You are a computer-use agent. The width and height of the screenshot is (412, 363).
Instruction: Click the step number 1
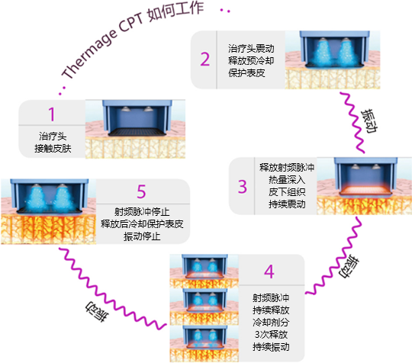52,114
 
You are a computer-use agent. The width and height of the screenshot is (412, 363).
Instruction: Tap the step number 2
205,59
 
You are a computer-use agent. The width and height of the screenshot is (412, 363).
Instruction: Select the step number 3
243,187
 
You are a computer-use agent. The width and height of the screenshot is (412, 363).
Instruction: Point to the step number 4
269,271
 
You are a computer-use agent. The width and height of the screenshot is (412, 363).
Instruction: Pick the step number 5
141,191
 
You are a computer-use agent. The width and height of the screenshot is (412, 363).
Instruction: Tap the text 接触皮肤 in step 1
53,149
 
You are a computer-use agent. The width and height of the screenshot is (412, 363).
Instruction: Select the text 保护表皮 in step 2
246,72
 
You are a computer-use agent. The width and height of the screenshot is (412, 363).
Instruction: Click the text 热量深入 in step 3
287,180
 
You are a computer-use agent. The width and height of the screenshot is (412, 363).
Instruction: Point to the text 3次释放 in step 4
271,335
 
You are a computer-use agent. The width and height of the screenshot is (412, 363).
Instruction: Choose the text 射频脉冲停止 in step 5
142,212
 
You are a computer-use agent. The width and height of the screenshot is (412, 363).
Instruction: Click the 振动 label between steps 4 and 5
97,311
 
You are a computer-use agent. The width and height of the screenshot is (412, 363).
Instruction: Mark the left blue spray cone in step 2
323,52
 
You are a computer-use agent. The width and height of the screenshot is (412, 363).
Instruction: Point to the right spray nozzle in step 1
148,109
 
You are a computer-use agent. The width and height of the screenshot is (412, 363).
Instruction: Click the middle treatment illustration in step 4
204,307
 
